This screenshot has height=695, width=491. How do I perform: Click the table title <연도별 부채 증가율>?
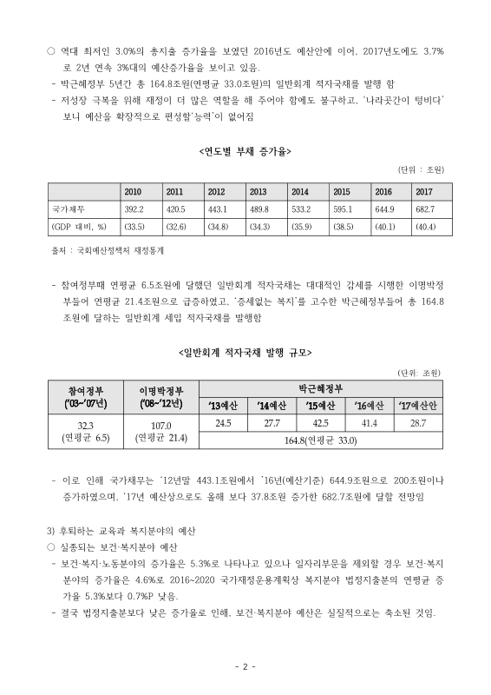(x=245, y=151)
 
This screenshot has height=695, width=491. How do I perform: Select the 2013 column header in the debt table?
(x=258, y=191)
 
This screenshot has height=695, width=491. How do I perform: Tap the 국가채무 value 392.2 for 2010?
(x=134, y=208)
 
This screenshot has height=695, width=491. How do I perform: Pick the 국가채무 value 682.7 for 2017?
(x=424, y=208)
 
